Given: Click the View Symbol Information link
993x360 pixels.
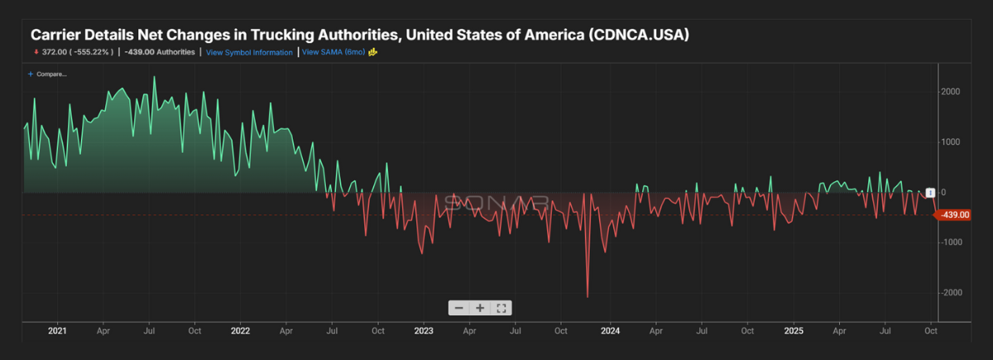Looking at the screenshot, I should click(249, 52).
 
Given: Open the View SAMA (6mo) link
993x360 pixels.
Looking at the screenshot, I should click(333, 52).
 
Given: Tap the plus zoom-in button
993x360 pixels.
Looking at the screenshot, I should click(480, 308).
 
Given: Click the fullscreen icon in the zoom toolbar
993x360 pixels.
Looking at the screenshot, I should click(501, 308).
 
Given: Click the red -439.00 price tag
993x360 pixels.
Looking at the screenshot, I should click(952, 215).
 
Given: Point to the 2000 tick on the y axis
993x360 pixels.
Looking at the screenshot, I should click(949, 92).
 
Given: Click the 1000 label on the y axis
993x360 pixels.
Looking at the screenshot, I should click(949, 142).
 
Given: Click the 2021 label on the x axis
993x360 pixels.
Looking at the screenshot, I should click(57, 331).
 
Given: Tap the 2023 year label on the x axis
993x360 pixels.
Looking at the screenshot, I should click(424, 331).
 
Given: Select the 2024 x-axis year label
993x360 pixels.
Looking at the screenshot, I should click(609, 331).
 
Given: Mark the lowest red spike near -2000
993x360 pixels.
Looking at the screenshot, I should click(588, 295).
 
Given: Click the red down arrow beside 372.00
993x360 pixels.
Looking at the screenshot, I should click(36, 52).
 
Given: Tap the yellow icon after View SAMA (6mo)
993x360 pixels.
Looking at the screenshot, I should click(373, 52).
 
